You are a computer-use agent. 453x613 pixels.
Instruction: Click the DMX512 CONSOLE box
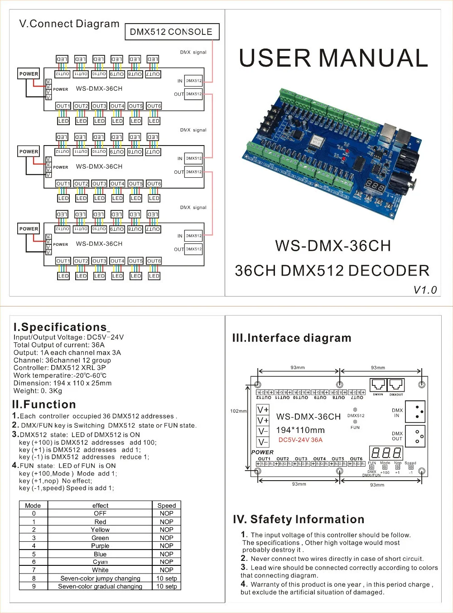coord(171,32)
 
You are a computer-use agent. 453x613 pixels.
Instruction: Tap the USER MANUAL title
coord(333,58)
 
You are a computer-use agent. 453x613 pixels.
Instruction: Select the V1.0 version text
coord(425,290)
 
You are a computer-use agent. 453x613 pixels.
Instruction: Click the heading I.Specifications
coord(60,327)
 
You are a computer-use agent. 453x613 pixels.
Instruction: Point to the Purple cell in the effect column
coord(100,546)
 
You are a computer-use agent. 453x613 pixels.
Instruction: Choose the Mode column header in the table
coord(33,506)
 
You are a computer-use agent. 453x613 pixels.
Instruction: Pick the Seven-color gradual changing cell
coord(100,586)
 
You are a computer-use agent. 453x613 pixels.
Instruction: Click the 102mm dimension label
coord(238,411)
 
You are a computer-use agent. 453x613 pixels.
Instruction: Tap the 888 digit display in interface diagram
coord(386,453)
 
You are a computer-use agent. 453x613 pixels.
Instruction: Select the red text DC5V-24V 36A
coord(300,440)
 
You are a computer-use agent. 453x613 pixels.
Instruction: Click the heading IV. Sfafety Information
coord(299,520)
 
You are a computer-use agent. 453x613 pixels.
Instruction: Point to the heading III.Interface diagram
coord(292,338)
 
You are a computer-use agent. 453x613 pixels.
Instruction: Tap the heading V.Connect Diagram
coord(69,24)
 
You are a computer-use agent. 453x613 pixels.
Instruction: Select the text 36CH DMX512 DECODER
coord(332,271)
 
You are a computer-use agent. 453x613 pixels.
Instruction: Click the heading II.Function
coord(44,404)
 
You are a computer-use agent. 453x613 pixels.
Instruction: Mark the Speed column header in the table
coord(166,506)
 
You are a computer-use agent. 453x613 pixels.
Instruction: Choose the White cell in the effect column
coord(100,570)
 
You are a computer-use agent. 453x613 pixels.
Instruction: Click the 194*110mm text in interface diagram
coord(300,430)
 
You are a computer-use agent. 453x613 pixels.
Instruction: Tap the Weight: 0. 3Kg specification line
coord(38,391)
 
